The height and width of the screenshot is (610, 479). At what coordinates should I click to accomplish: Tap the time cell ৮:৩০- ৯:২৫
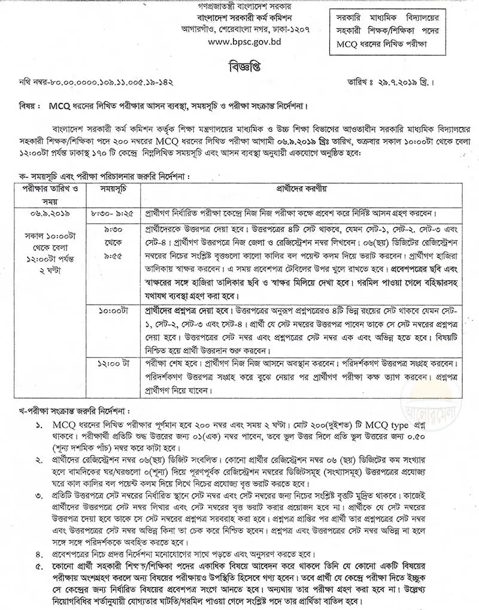click(111, 213)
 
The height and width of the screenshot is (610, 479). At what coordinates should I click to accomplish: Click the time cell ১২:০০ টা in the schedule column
click(111, 363)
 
